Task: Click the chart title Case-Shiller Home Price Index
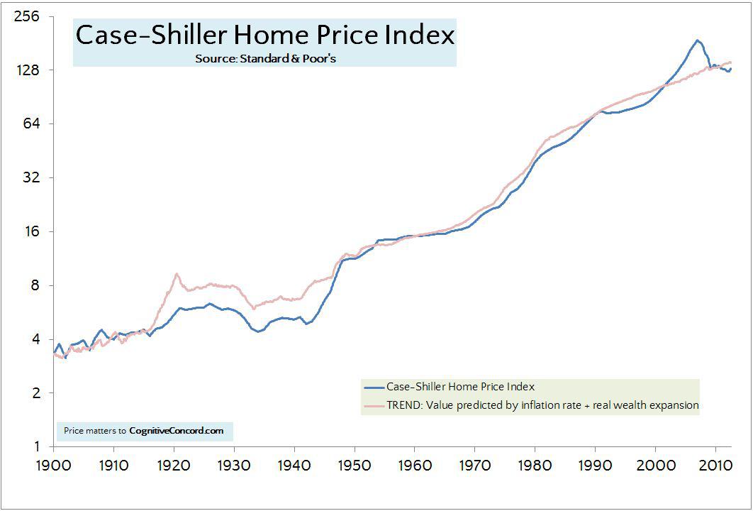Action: (x=264, y=35)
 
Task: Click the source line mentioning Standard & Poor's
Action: (x=265, y=59)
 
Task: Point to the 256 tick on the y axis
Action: (x=26, y=16)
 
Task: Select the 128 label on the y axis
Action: (x=26, y=70)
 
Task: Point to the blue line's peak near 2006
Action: (x=697, y=40)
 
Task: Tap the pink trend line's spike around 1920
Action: (x=176, y=274)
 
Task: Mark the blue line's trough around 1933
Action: (x=258, y=331)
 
